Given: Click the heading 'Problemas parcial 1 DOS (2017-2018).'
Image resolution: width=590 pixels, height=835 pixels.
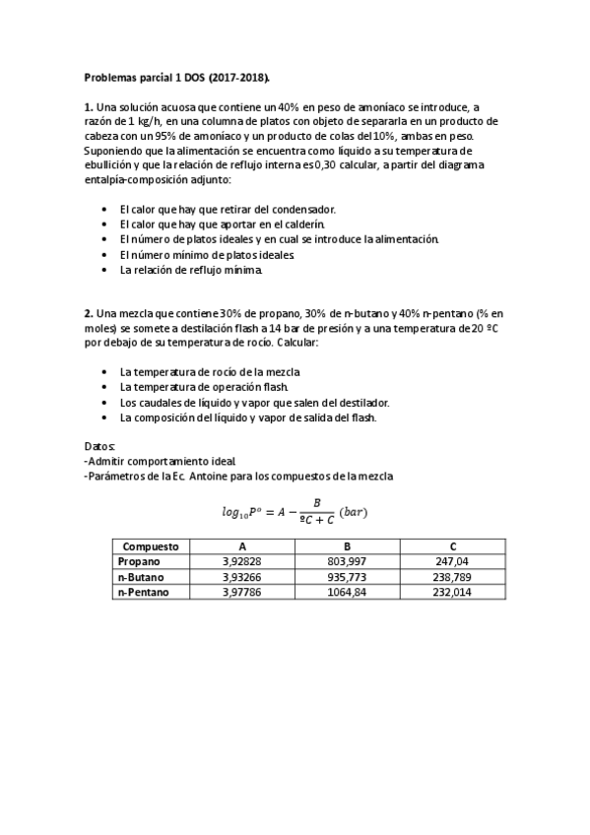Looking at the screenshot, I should pyautogui.click(x=176, y=76).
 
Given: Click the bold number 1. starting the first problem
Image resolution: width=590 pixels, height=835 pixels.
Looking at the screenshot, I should pyautogui.click(x=88, y=106).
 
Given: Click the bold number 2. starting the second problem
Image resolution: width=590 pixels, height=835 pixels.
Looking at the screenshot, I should pyautogui.click(x=88, y=312).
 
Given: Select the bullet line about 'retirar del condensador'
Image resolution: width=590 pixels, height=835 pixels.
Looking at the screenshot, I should pyautogui.click(x=228, y=209).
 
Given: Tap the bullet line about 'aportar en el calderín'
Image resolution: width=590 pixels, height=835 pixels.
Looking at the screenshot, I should pyautogui.click(x=222, y=224).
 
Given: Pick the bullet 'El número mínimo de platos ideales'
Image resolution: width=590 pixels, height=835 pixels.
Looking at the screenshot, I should pyautogui.click(x=207, y=254).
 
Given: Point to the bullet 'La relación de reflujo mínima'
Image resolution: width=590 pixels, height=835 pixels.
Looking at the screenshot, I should pyautogui.click(x=191, y=269).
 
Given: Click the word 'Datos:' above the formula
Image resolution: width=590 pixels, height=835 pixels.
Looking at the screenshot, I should pyautogui.click(x=99, y=446).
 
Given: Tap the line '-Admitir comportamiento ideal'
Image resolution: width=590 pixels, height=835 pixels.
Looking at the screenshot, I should pyautogui.click(x=161, y=461).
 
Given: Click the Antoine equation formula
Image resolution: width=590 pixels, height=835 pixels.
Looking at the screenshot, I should pyautogui.click(x=295, y=511).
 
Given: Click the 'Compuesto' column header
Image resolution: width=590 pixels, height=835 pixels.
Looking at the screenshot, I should pyautogui.click(x=151, y=546).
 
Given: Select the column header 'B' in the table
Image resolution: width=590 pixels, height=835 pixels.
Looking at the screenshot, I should pyautogui.click(x=347, y=546).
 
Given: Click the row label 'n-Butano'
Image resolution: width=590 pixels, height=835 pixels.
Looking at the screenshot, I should pyautogui.click(x=140, y=576).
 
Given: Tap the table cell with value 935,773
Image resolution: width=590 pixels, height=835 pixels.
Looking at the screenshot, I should pyautogui.click(x=347, y=576).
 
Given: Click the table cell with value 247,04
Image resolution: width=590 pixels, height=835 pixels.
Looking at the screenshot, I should pyautogui.click(x=452, y=561).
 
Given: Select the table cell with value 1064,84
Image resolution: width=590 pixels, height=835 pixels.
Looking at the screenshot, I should pyautogui.click(x=347, y=592).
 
